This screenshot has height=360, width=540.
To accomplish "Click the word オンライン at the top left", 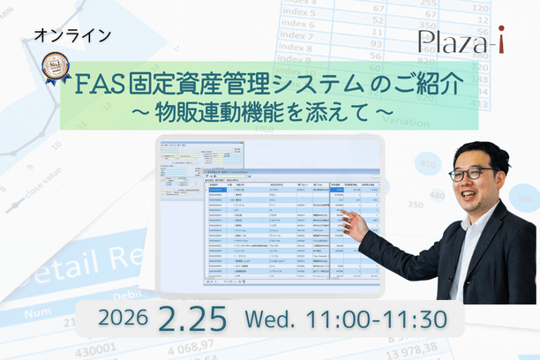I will [x=72, y=36].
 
